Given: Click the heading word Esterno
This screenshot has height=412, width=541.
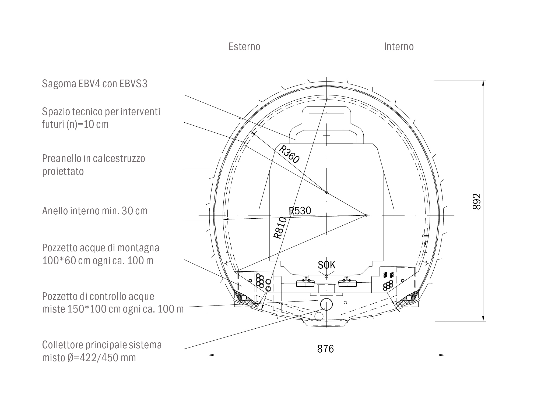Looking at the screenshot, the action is [x=244, y=47].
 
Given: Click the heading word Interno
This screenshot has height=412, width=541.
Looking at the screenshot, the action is [x=399, y=47].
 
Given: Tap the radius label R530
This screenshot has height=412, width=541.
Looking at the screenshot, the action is [x=300, y=211].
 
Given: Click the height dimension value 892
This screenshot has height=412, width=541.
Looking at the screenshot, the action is [x=476, y=201].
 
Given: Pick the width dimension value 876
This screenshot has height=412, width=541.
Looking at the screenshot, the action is [x=325, y=349].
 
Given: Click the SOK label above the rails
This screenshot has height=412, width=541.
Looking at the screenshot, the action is [x=326, y=265].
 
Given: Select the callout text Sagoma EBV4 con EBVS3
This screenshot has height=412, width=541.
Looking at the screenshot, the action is [x=95, y=84].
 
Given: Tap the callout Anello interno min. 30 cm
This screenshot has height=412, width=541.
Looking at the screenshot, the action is [x=95, y=211].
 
